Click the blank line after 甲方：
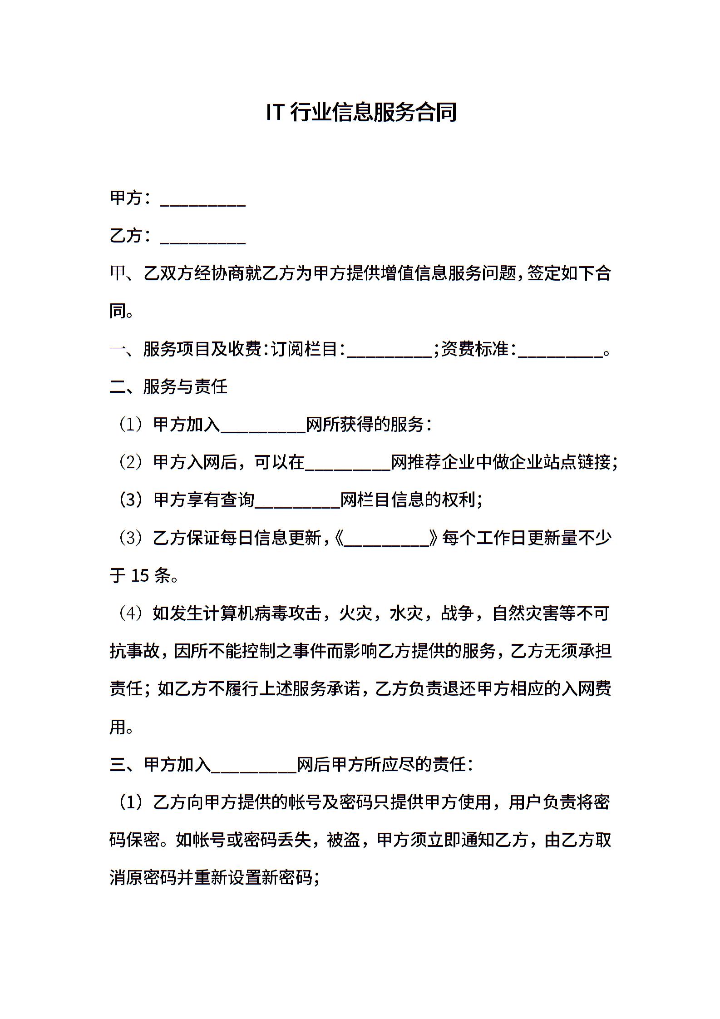(x=203, y=200)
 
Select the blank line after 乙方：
(x=203, y=237)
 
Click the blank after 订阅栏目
(x=390, y=350)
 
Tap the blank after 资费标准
(x=560, y=350)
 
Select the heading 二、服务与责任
(x=168, y=387)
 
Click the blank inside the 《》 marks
(x=387, y=539)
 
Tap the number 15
(x=140, y=576)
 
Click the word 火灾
(x=356, y=613)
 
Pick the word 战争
(x=457, y=613)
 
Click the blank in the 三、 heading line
(x=254, y=765)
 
